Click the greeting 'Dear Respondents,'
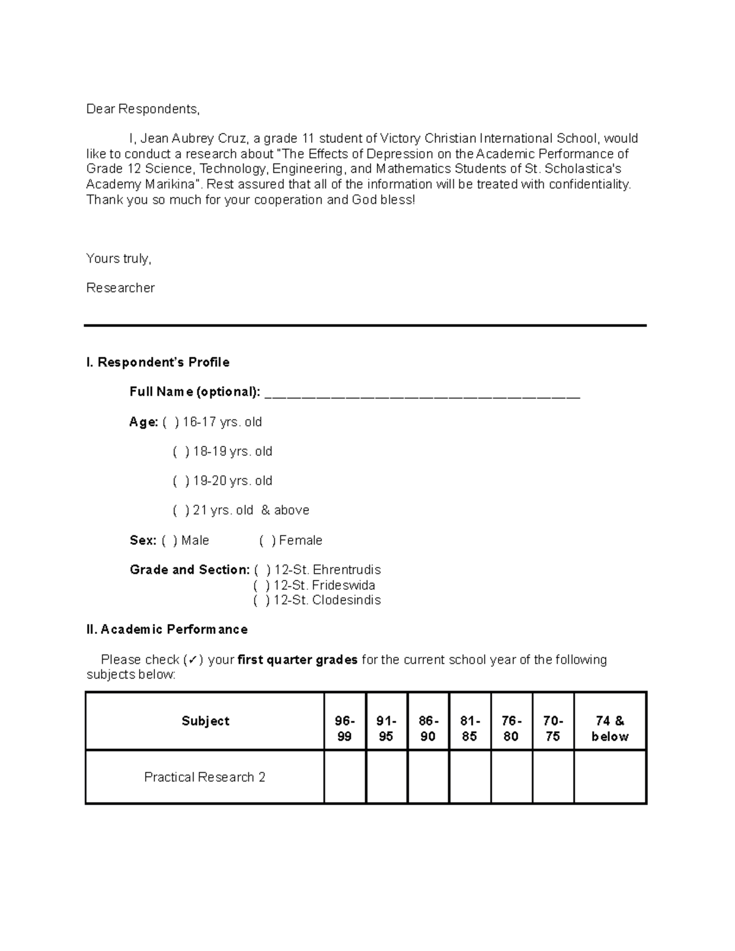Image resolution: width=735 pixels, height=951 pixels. coord(143,109)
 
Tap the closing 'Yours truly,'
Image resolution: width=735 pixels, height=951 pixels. coord(118,258)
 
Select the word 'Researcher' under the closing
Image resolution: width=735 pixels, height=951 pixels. coord(120,288)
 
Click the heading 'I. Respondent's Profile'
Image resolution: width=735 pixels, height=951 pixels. coord(158,363)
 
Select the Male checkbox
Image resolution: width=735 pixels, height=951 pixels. coord(170,540)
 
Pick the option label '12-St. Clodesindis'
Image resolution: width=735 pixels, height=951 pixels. coord(327,600)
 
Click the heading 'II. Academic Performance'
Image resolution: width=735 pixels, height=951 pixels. coord(167,630)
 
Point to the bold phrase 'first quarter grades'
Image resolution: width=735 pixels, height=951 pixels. coord(297,660)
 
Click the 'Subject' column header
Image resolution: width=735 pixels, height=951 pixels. coord(205,721)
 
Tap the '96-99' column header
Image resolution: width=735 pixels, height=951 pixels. coord(345,729)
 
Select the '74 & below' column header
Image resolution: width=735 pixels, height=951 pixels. coord(610,729)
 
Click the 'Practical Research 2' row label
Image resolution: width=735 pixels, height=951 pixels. coord(205,777)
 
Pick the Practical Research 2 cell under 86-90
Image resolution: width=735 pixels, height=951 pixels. coord(428,777)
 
